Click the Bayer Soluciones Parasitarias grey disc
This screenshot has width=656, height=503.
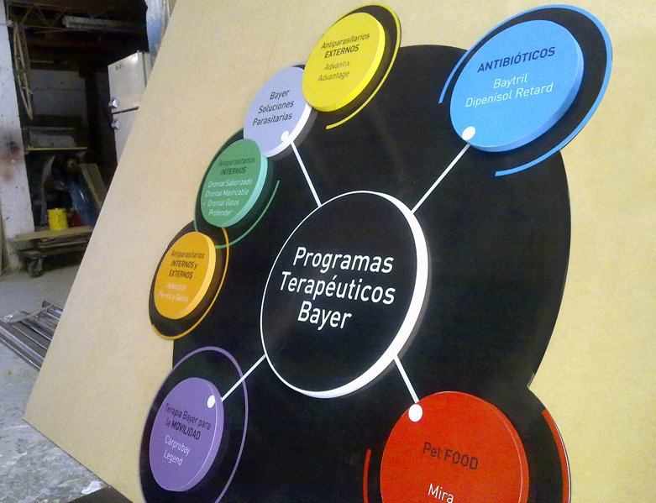tap(277, 110)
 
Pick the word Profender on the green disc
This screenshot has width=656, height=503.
tap(219, 212)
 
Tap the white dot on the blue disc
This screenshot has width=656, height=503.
tap(469, 133)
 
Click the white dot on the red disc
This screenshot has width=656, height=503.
tap(414, 412)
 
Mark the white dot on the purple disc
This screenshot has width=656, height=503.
tap(211, 401)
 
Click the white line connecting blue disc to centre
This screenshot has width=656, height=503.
tap(440, 178)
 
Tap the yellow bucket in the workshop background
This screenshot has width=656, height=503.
tap(57, 219)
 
